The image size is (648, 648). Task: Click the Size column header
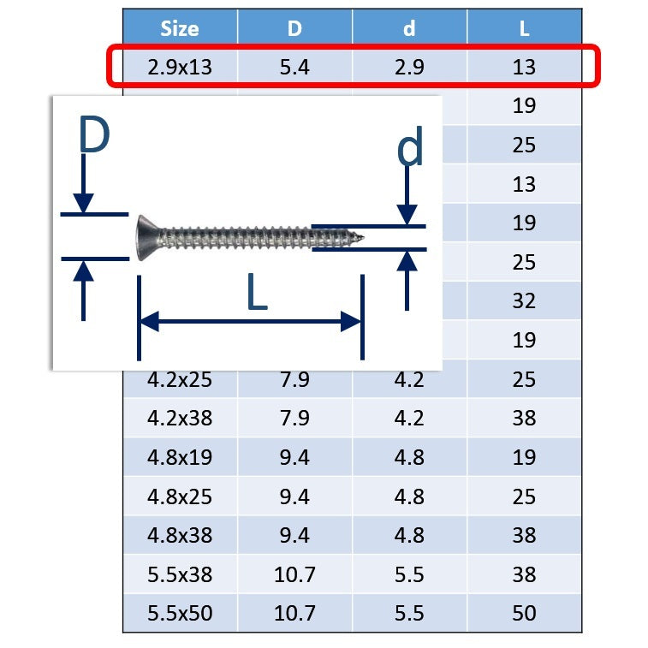(180, 28)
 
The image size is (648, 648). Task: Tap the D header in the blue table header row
(294, 28)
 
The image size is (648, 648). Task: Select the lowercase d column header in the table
(409, 28)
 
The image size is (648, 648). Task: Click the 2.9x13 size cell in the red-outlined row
(180, 67)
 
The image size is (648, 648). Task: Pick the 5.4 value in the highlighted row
(294, 67)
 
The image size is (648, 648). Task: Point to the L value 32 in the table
(524, 300)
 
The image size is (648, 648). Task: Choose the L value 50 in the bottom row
(524, 613)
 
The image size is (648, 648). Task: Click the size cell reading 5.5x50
(180, 613)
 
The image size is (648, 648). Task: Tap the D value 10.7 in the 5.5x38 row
(294, 574)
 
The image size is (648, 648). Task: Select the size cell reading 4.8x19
(180, 457)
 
